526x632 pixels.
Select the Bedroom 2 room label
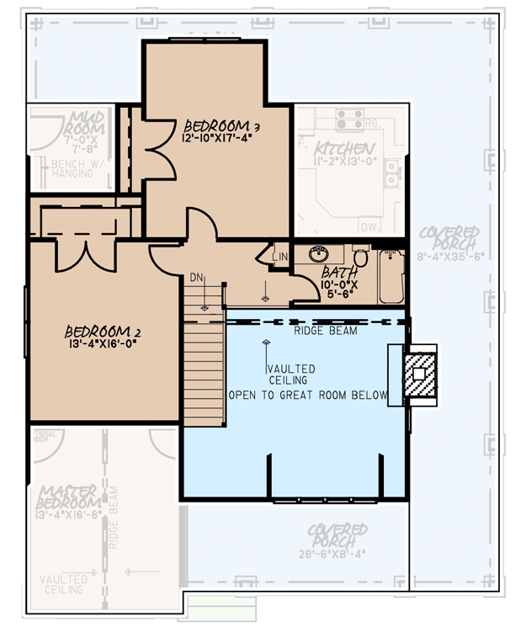coord(100,331)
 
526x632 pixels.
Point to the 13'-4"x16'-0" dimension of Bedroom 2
coord(98,344)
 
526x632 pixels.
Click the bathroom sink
coord(320,254)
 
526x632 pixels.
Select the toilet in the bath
coord(360,256)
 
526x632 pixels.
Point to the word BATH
coord(340,273)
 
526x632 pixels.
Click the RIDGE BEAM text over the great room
coord(326,331)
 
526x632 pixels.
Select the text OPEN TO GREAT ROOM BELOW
coord(308,395)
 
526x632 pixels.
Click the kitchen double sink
coord(391,173)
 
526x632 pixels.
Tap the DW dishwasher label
coord(367,227)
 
